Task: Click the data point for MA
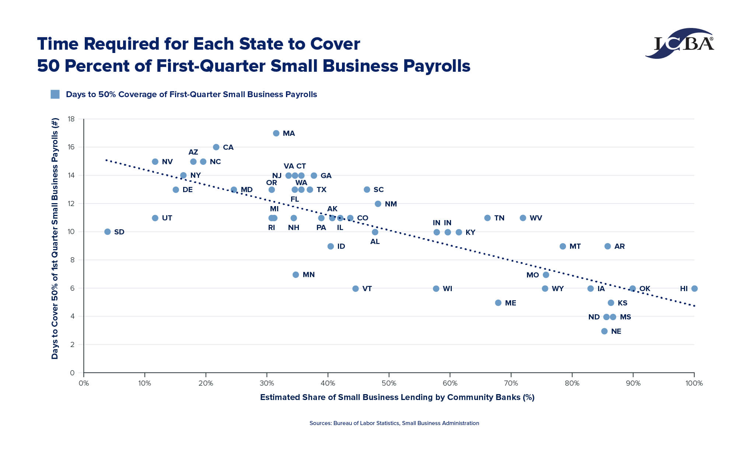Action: click(276, 133)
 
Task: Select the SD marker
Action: click(108, 232)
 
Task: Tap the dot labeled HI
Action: click(694, 289)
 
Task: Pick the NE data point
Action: click(604, 331)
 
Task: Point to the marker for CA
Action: click(216, 147)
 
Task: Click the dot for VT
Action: click(356, 289)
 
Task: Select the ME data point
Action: click(498, 303)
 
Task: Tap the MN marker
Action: click(296, 275)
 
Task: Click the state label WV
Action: click(536, 218)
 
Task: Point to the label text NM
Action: click(391, 204)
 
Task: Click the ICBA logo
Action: click(680, 43)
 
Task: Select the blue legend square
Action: click(55, 94)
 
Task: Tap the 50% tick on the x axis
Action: click(389, 383)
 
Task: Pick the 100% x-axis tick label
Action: click(694, 383)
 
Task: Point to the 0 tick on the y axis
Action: click(72, 373)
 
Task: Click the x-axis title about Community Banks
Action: click(397, 397)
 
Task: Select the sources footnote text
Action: click(394, 423)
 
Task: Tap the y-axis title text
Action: click(55, 238)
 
